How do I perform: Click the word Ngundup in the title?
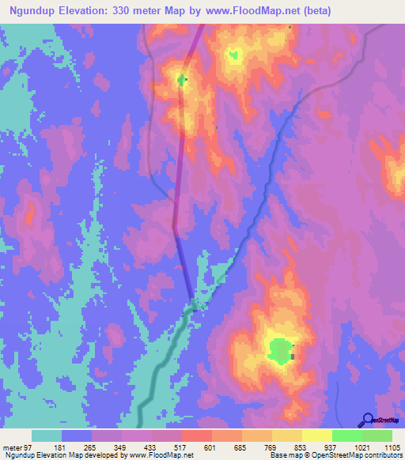pos(37,11)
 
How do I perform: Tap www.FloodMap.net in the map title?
pos(247,11)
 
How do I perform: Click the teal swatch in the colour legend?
pos(47,436)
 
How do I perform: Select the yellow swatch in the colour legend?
pos(316,436)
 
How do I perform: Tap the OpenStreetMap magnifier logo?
pos(366,420)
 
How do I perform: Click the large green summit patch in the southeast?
pos(279,349)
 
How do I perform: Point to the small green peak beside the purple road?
pos(182,80)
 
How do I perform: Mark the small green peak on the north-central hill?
pos(233,55)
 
